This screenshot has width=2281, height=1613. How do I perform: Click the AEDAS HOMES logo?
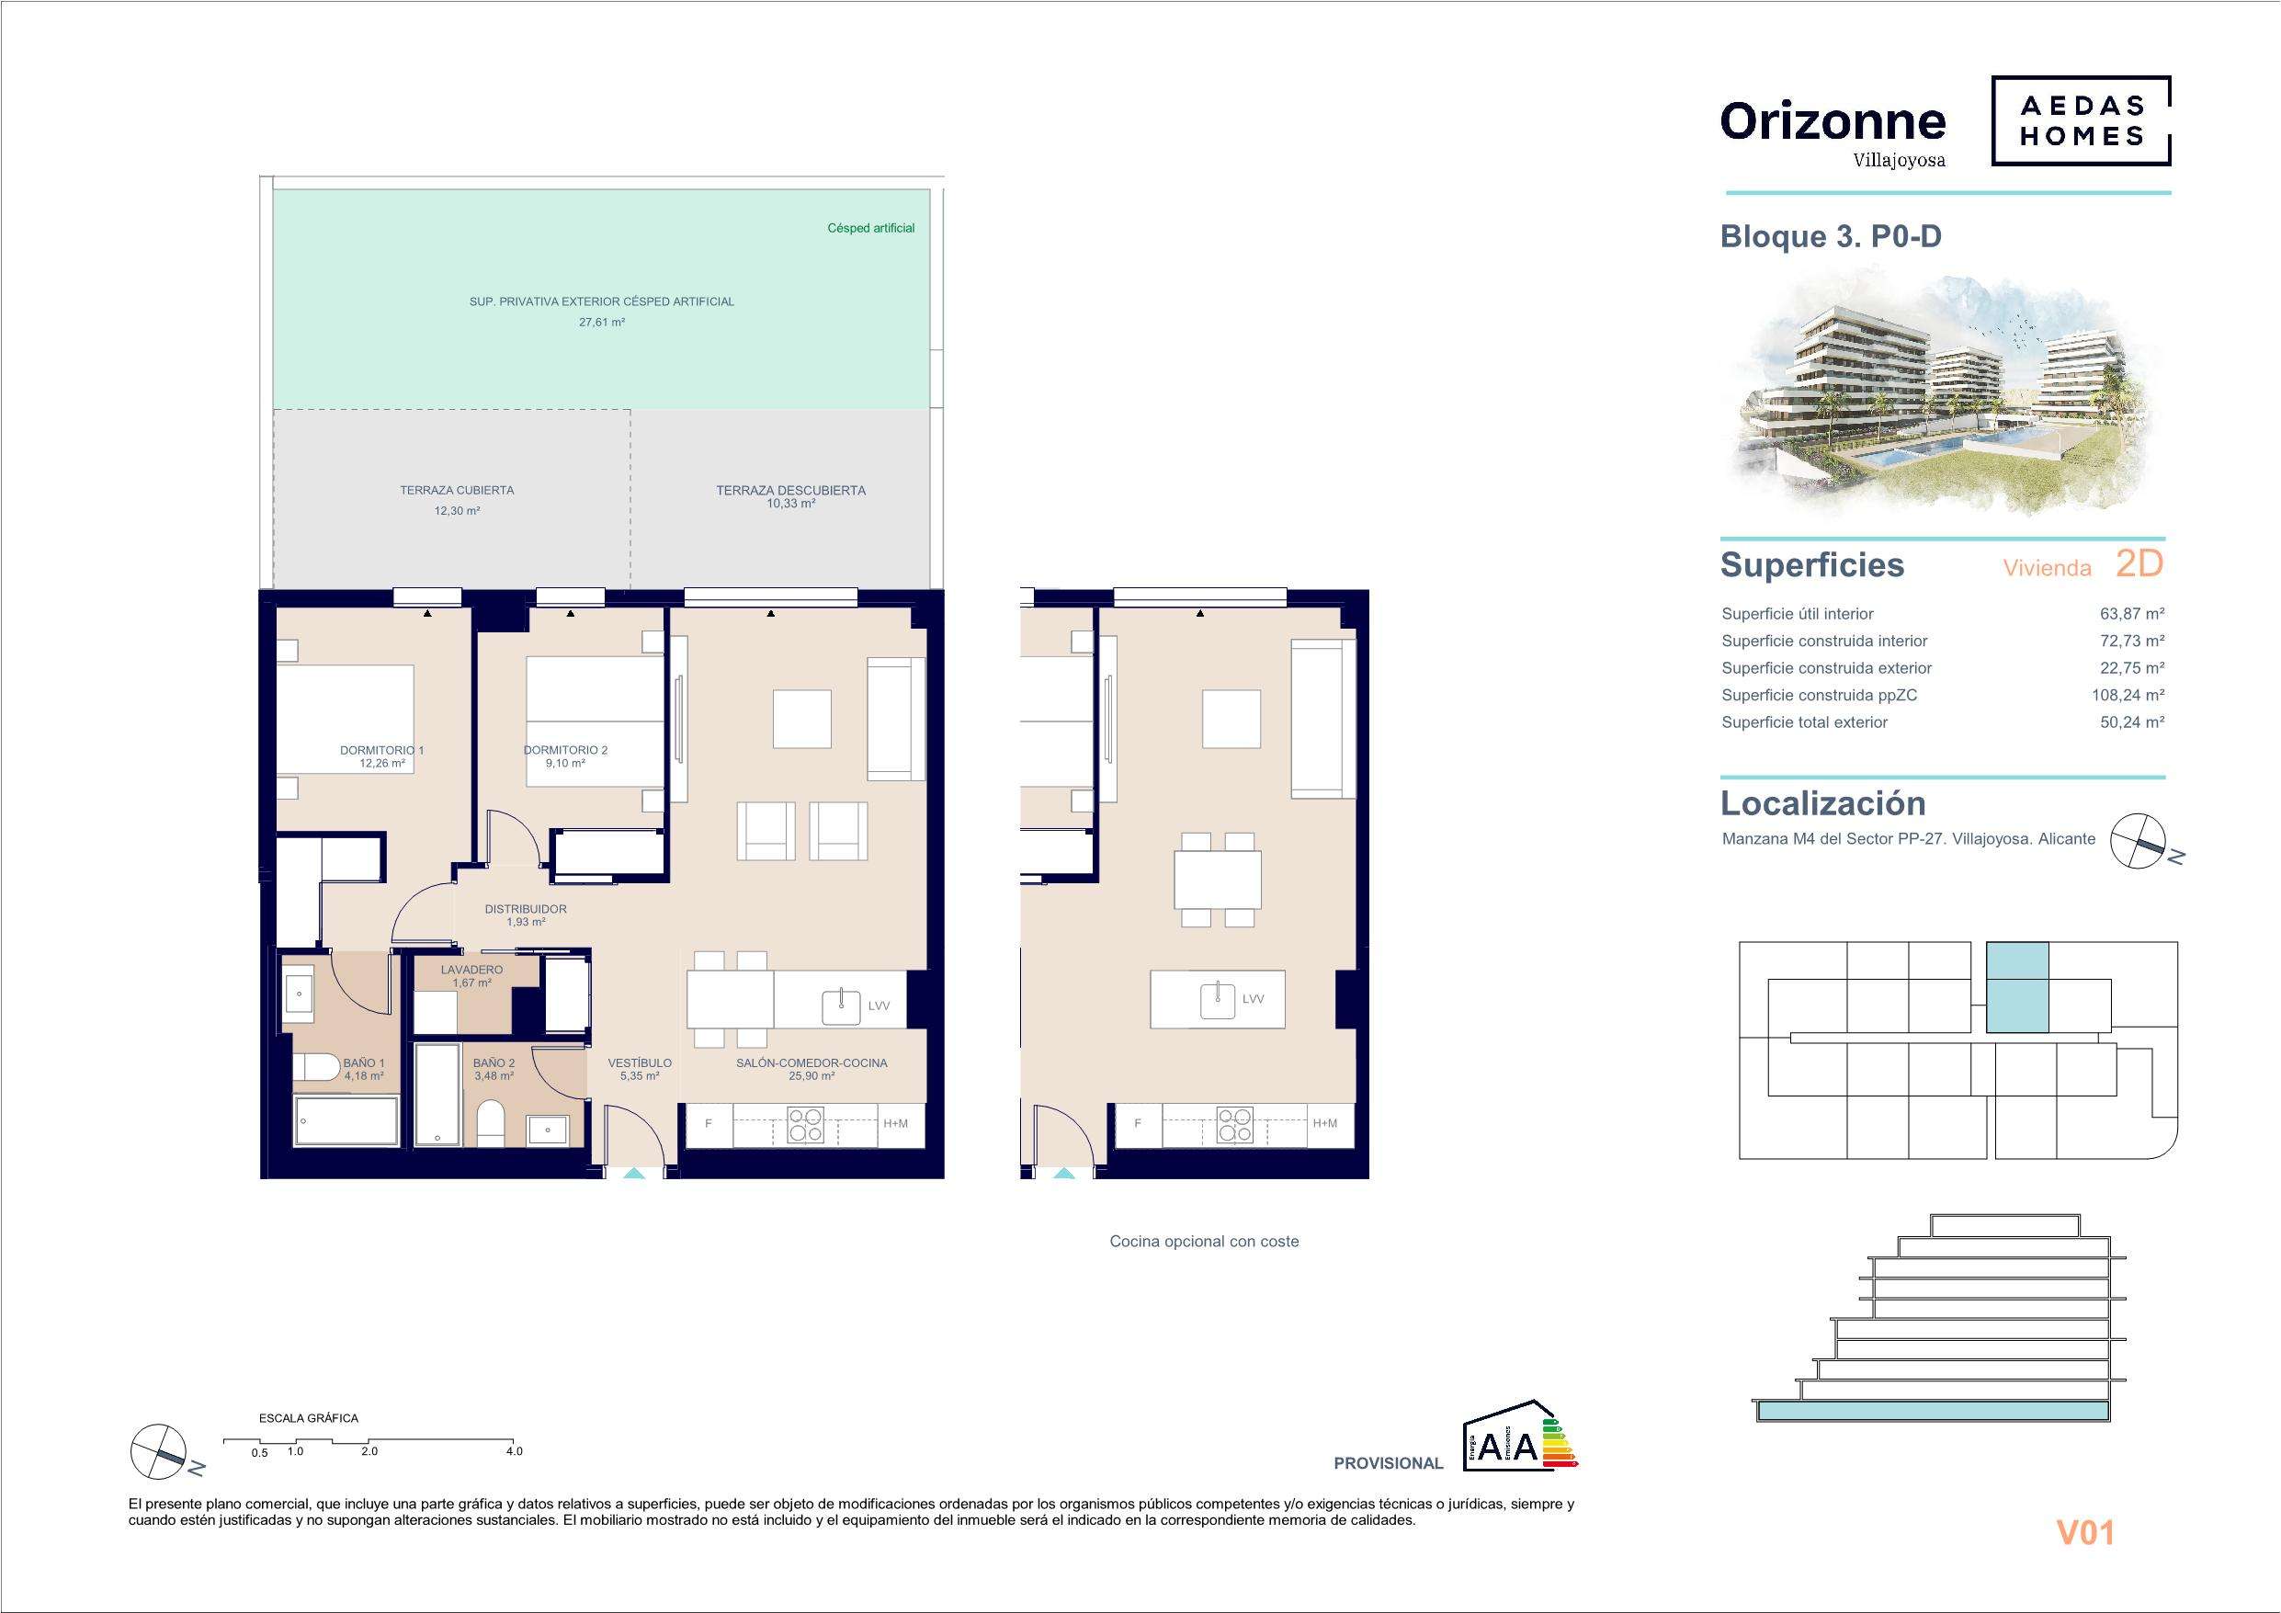click(x=2081, y=121)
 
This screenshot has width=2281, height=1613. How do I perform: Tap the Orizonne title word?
click(x=1833, y=121)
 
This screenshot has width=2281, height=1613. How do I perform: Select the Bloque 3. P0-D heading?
click(x=1831, y=236)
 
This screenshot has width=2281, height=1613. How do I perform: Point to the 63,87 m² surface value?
click(x=2132, y=614)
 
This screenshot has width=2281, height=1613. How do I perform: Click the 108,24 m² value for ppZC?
click(x=2128, y=696)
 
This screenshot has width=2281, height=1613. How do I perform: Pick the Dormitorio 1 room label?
click(x=381, y=750)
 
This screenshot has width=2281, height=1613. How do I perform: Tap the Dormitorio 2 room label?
click(x=565, y=750)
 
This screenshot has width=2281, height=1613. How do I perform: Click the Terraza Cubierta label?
click(x=457, y=490)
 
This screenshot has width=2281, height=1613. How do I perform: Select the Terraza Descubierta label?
click(x=790, y=490)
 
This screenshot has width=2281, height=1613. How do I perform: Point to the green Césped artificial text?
click(x=871, y=229)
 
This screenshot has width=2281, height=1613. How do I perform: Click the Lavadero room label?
click(x=471, y=970)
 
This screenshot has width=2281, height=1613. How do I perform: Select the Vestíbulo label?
click(x=640, y=1063)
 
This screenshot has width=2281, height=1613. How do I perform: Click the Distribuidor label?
click(x=526, y=909)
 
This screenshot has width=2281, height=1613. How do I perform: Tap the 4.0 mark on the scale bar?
click(x=514, y=1451)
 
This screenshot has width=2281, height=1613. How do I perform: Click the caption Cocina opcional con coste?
click(x=1204, y=1242)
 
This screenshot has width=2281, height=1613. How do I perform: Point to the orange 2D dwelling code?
click(x=2139, y=563)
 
